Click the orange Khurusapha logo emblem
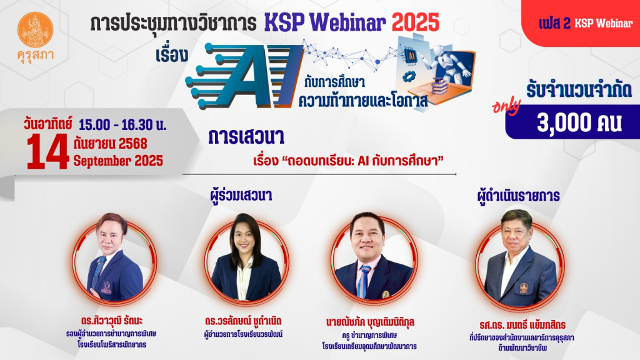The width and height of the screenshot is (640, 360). [x=36, y=30]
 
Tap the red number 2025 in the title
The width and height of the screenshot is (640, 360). [x=416, y=22]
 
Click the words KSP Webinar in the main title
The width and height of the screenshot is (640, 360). [x=325, y=22]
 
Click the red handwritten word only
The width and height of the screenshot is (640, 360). [x=506, y=107]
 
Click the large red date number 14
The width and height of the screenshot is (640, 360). [x=47, y=151]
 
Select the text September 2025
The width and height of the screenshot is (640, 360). [x=118, y=161]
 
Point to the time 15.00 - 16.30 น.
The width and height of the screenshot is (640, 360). [x=122, y=124]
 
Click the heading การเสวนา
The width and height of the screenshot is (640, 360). [x=246, y=137]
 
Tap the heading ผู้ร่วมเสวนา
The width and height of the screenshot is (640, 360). [x=241, y=195]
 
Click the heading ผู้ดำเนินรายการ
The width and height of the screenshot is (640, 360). [x=518, y=196]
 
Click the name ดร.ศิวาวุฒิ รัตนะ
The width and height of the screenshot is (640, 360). [x=111, y=321]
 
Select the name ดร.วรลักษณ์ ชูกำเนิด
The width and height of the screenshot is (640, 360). [x=243, y=321]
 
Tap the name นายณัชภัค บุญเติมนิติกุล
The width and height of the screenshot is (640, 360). [x=370, y=322]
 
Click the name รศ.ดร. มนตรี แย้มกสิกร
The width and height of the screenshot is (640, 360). [x=522, y=325]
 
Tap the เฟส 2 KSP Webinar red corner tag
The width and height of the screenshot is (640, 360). [x=585, y=23]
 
